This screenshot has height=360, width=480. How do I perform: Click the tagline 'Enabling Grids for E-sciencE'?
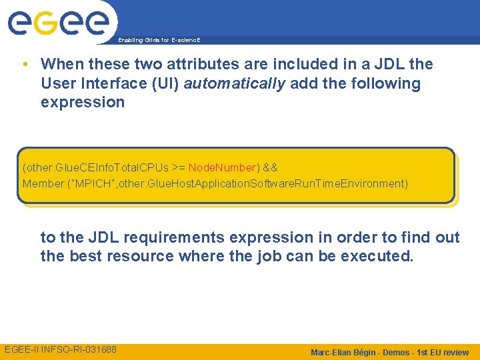159,40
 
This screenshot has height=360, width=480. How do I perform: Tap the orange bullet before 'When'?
24,65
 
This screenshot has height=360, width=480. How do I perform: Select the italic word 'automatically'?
234,83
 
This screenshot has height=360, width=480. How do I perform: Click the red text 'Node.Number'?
222,167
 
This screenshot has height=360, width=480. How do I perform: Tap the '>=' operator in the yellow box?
179,167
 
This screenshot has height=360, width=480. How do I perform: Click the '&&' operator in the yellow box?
270,167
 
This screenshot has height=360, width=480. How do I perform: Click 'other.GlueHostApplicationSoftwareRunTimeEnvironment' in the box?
260,183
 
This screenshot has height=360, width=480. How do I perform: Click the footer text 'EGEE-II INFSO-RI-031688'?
61,350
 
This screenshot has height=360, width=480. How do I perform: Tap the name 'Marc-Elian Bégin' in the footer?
346,352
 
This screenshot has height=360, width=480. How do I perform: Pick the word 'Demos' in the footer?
397,352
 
